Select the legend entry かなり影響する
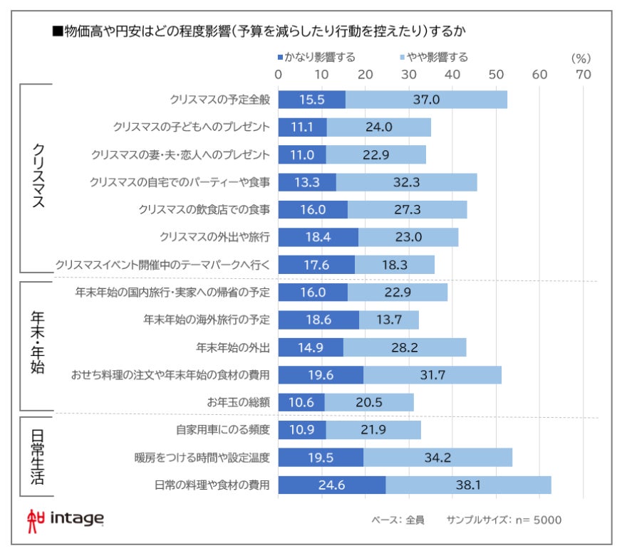(316, 57)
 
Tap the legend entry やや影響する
(435, 57)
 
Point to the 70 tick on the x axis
(584, 74)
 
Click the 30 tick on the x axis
(409, 74)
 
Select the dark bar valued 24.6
(331, 485)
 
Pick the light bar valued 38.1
(468, 485)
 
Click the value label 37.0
(426, 100)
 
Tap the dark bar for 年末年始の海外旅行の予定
(318, 320)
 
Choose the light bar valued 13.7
(388, 320)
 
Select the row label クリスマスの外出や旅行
(215, 236)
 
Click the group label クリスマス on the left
(40, 176)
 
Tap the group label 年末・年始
(40, 347)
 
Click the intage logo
(65, 518)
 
